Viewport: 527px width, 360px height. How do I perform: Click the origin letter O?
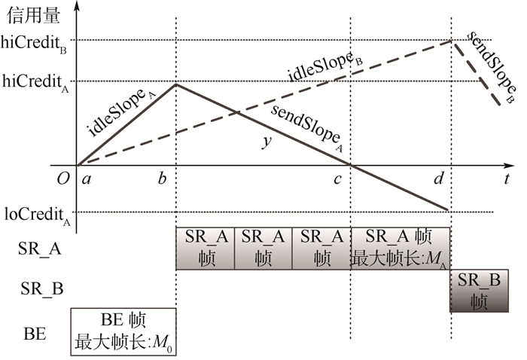pyautogui.click(x=63, y=178)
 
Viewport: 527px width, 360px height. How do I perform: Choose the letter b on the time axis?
pyautogui.click(x=162, y=178)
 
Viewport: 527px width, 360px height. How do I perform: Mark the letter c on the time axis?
pyautogui.click(x=338, y=178)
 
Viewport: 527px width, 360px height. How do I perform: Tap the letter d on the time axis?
pyautogui.click(x=439, y=178)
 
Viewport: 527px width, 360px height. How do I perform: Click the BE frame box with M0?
pyautogui.click(x=123, y=332)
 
